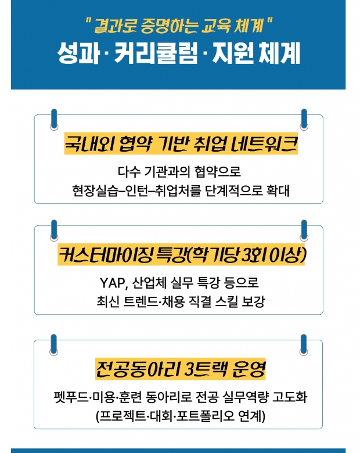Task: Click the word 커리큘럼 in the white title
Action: click(156, 53)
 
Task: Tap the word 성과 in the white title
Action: click(78, 53)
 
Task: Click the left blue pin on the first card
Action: click(54, 119)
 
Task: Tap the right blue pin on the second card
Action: click(304, 230)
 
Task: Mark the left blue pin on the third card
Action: click(54, 344)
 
